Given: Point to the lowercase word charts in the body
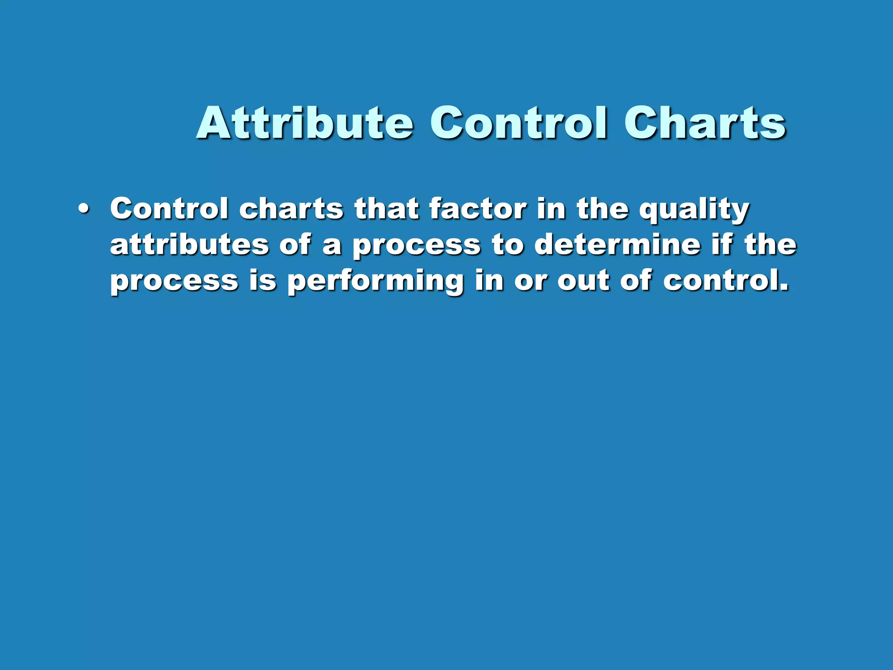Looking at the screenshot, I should tap(291, 209).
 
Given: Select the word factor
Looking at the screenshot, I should tap(478, 209).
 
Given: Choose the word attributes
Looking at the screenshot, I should tap(189, 244).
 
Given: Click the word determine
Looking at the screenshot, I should tap(617, 244).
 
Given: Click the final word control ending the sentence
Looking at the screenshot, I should tap(725, 280).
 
